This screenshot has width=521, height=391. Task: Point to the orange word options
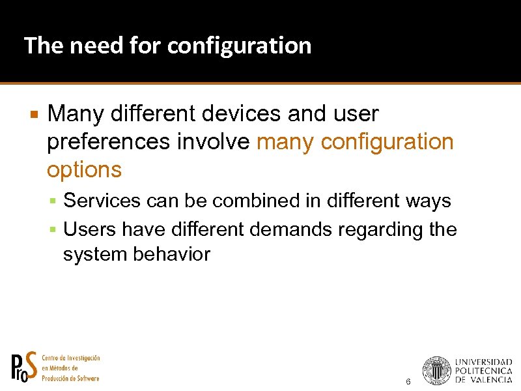tap(84, 170)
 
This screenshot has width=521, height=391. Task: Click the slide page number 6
tap(408, 381)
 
